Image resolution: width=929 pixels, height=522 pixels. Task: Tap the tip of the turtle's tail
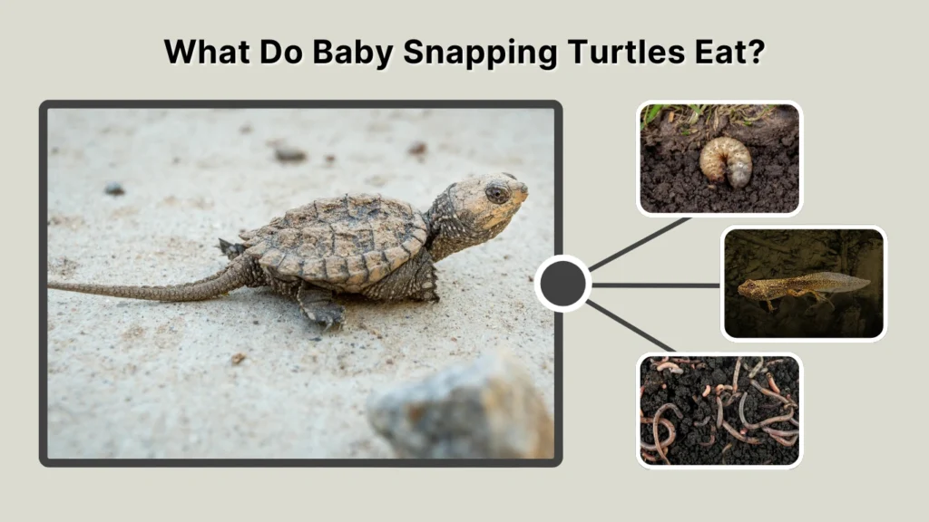(x=53, y=287)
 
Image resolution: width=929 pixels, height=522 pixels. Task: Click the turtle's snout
(x=522, y=188)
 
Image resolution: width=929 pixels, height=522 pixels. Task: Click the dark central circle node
(x=563, y=284)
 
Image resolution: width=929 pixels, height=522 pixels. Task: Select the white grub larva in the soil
(x=726, y=161)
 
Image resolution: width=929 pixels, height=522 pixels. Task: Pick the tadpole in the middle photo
(x=798, y=285)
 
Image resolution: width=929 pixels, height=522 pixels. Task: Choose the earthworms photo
(x=719, y=410)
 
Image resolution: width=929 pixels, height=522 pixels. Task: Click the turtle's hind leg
(x=322, y=309)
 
